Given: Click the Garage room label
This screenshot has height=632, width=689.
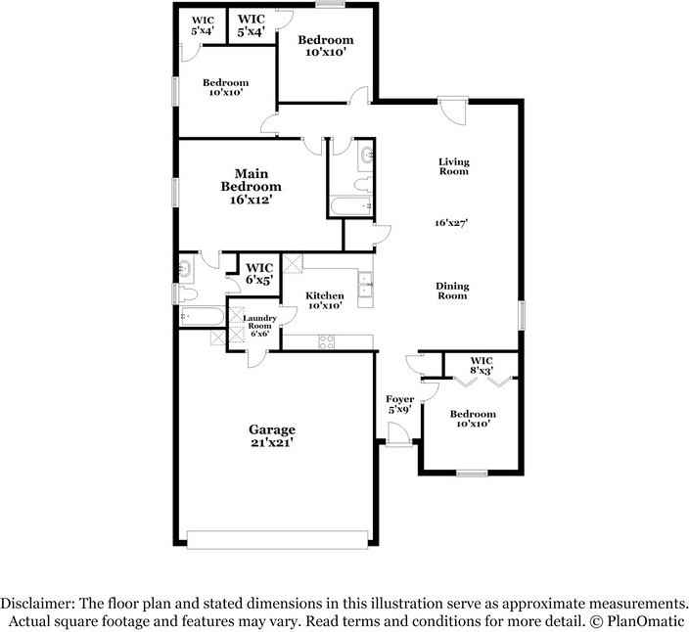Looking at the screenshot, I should (x=271, y=429).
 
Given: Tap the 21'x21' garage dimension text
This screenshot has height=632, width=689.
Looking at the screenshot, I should (x=271, y=442).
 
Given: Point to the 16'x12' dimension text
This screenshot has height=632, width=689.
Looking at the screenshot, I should (x=251, y=199).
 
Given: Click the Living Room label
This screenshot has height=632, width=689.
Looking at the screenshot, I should (x=453, y=166).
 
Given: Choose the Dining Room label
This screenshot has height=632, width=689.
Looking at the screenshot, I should (x=452, y=291).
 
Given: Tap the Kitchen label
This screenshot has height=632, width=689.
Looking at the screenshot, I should (x=324, y=294).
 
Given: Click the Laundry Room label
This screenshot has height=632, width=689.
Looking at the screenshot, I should (x=259, y=322).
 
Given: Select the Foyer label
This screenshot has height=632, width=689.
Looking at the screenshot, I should (x=399, y=399).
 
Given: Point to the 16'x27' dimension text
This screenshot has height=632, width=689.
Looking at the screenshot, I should (x=453, y=223).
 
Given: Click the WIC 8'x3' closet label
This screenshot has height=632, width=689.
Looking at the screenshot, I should (x=481, y=366).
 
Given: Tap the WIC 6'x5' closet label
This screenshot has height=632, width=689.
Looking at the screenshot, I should (x=258, y=273).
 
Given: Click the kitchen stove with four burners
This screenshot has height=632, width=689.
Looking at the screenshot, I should (x=327, y=340).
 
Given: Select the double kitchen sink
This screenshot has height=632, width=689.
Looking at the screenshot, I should (x=365, y=285).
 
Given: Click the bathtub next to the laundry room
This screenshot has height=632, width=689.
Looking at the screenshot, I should (x=201, y=316).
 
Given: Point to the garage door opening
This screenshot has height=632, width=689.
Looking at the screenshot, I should (x=278, y=539).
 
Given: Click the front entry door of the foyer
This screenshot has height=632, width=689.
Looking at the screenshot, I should (x=398, y=440).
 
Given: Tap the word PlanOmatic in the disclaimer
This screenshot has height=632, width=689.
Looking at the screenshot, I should (x=647, y=621).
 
